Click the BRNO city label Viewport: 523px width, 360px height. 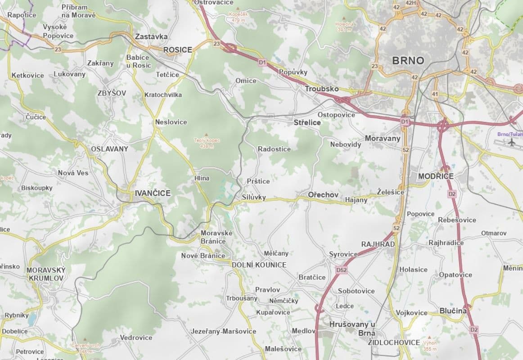point(408,60)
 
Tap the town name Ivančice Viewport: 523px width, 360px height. point(153,193)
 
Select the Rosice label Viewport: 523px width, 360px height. point(177,50)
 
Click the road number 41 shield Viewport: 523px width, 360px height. point(434,94)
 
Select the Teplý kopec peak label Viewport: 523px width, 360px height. point(207,143)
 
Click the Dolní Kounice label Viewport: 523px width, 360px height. point(259,265)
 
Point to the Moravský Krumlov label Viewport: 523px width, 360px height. point(46,274)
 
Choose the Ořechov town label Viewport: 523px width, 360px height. point(323,194)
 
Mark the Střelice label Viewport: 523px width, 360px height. point(307,122)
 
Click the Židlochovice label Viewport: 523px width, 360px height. point(394,342)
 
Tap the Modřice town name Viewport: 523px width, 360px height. point(436,176)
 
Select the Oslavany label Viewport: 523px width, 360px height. point(109,148)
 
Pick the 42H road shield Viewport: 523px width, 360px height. point(410,3)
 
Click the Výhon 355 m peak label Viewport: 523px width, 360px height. point(430,345)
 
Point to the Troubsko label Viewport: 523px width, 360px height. point(321,89)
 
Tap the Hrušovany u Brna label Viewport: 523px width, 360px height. point(352,328)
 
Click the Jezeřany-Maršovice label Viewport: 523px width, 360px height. point(223,331)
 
